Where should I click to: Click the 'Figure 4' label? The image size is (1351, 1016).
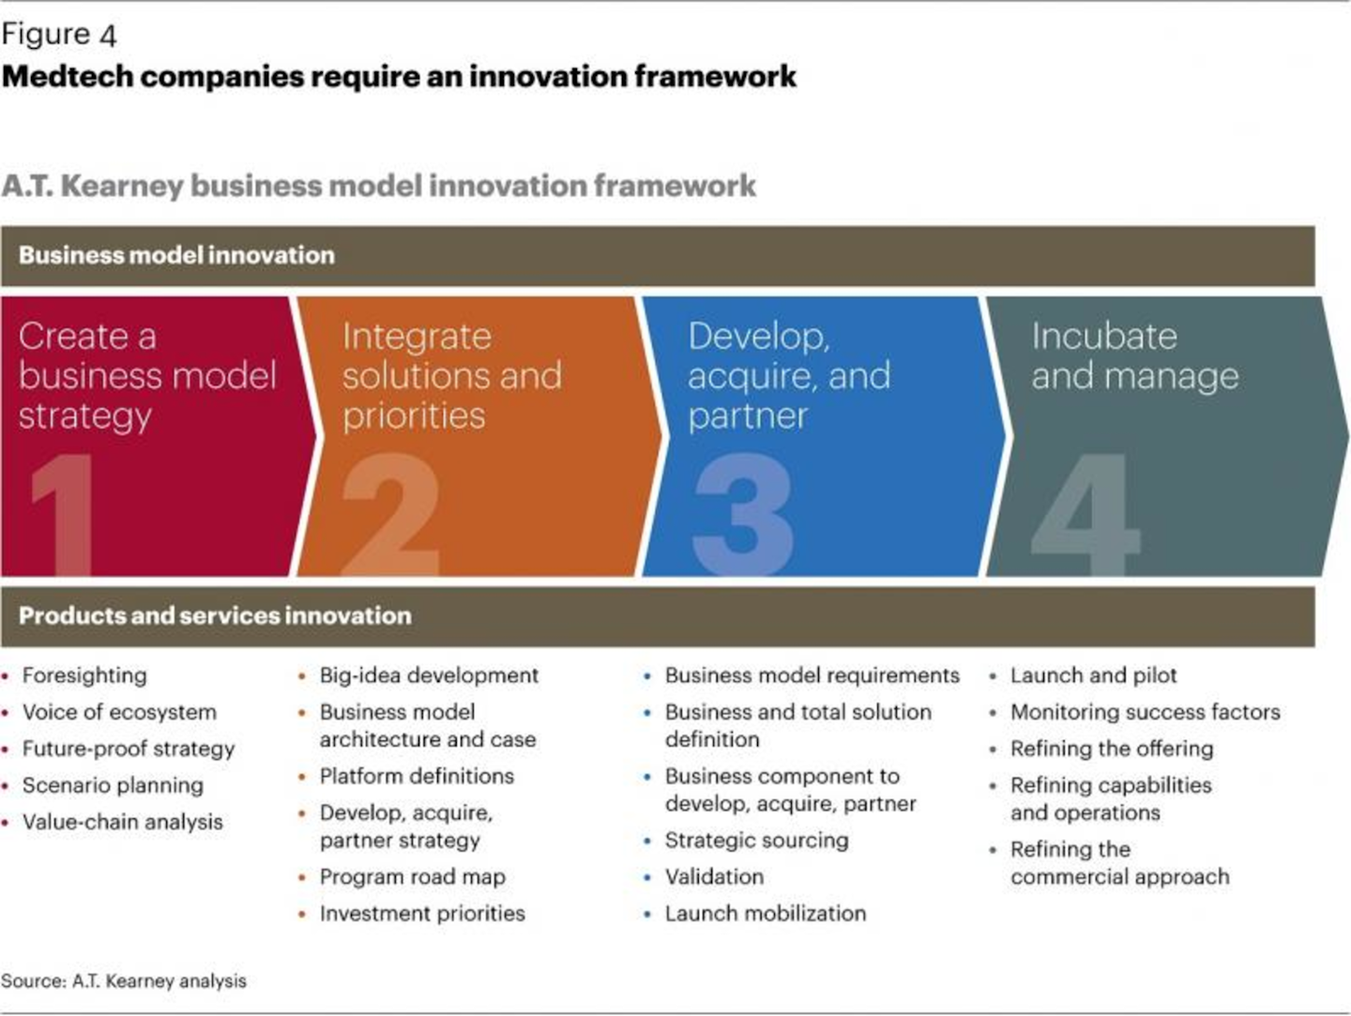pos(59,35)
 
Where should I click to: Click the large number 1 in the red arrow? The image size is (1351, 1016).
pos(63,514)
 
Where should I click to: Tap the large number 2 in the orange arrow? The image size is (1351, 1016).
pos(391,514)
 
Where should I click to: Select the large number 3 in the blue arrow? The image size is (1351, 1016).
pos(743,514)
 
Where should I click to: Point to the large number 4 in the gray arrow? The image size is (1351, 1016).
pos(1085,514)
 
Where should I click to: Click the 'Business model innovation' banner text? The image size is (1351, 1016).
pos(176,255)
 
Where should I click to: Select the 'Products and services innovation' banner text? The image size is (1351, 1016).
pos(215,615)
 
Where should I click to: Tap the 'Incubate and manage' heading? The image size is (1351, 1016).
pos(1135,356)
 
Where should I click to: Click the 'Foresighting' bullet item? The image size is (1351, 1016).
pos(84,675)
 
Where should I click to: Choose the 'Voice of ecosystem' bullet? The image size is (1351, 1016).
pos(119,712)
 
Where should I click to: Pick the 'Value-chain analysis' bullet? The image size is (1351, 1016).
pos(123,822)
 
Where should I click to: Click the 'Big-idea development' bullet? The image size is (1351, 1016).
pos(429,675)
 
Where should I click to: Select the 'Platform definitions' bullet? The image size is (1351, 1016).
pos(417,776)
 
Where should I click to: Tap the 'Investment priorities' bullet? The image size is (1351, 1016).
pos(422,914)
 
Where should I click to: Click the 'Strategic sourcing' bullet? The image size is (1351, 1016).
pos(756,841)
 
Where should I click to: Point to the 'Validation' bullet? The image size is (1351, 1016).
pos(714,877)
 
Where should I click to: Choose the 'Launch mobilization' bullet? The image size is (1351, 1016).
pos(765,914)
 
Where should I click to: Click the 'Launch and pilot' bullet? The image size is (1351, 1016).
pos(1093,675)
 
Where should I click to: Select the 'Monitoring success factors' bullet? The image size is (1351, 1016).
pos(1145,712)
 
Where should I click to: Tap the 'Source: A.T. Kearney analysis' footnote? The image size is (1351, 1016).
pos(124,980)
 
